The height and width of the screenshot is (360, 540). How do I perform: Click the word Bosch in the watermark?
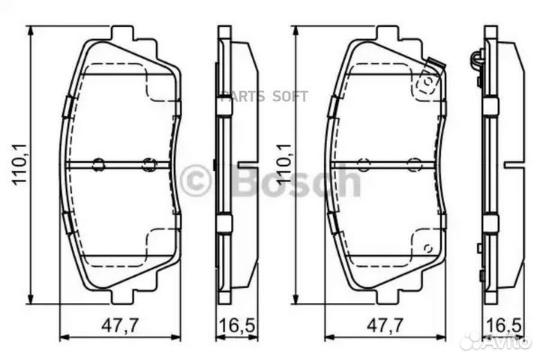[297, 181]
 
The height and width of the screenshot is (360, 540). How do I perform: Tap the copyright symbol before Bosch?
[196, 182]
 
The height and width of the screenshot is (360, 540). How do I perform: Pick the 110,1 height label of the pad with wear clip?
[283, 165]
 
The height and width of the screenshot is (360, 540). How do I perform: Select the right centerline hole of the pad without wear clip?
[148, 164]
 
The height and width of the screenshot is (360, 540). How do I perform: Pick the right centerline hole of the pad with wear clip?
[414, 164]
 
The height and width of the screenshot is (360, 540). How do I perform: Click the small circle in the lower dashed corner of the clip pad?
[427, 247]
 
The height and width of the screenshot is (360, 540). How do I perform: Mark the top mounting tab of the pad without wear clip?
[121, 34]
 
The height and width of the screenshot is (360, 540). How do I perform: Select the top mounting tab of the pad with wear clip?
[387, 34]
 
